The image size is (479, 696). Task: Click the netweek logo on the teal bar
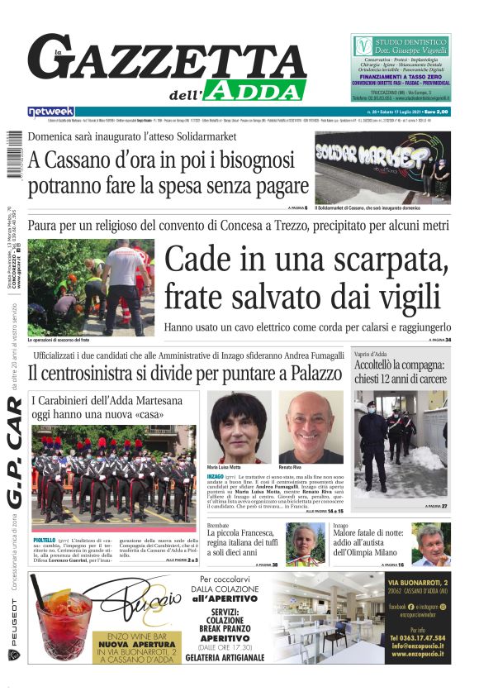51,112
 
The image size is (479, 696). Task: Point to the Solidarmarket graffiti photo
382,167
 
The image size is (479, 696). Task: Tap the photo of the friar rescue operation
90,287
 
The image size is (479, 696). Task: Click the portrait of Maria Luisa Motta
239,427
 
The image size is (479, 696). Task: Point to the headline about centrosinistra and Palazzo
186,374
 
